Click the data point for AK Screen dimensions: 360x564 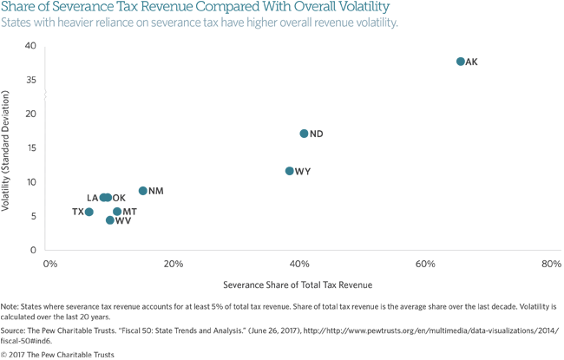[460, 62]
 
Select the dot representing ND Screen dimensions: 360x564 [304, 134]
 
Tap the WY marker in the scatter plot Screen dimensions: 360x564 [290, 171]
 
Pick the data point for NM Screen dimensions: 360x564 [143, 191]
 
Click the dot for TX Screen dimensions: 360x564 [89, 212]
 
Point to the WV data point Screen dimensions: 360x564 [110, 220]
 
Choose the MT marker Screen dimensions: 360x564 [117, 212]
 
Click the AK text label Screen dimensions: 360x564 [472, 62]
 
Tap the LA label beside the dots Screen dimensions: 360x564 [92, 199]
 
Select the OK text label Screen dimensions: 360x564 [120, 199]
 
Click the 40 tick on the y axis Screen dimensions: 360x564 [30, 46]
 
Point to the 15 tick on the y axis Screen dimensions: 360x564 [30, 147]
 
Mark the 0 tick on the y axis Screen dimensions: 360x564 [33, 250]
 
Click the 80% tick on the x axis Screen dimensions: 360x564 [551, 264]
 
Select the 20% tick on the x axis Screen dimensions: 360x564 [174, 264]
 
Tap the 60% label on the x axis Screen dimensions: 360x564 [425, 264]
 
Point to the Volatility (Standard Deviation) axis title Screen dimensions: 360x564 [7, 153]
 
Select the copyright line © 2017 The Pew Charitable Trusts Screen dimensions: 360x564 [57, 354]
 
